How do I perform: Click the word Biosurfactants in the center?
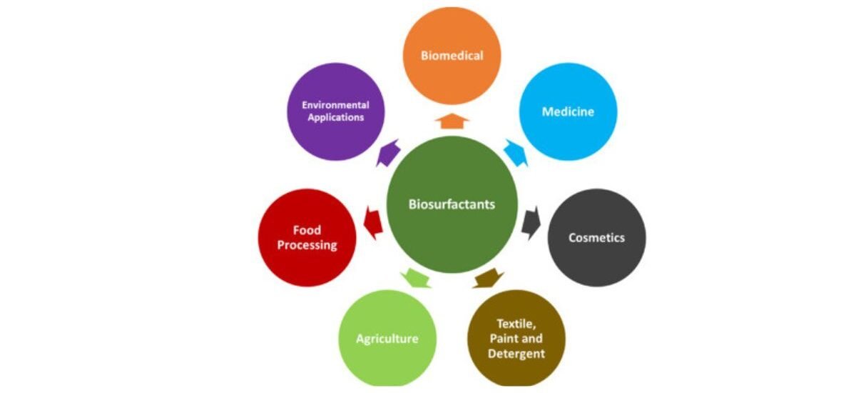coord(452,204)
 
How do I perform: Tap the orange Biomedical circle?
coord(452,56)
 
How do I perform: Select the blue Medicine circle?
coord(569,111)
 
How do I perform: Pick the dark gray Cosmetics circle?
coord(597,238)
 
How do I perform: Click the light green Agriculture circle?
coord(387,338)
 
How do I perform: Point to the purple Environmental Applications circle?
coord(336,111)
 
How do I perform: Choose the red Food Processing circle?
coord(307,238)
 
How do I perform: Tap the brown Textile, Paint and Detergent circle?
coord(516,338)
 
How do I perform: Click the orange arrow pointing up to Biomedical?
coord(452,121)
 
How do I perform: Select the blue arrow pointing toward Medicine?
coord(516,153)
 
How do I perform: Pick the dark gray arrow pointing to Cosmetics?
coord(531,224)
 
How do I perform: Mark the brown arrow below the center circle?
coord(489,278)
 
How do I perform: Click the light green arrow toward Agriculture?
coord(416,278)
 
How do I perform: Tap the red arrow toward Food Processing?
coord(373,223)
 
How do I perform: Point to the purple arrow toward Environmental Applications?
coord(388,153)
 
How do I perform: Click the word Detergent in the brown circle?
coord(516,354)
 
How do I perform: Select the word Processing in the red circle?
coord(307,245)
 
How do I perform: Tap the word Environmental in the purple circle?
coord(335,105)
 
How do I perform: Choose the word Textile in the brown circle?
coord(516,324)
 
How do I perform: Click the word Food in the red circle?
coord(307,230)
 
